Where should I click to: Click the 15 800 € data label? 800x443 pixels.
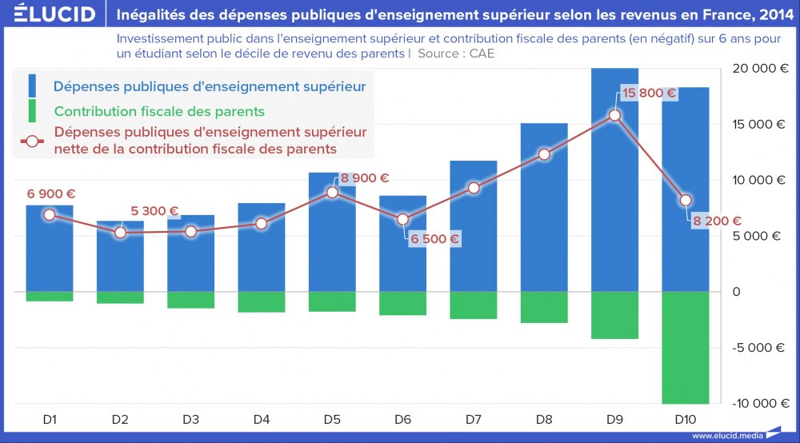point(649,94)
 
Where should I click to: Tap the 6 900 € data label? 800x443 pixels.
point(51,194)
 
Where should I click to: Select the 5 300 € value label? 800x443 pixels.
point(154,211)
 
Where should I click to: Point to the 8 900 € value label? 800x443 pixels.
point(364,178)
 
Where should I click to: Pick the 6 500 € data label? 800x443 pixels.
point(434,238)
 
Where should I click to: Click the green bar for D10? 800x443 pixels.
point(686,347)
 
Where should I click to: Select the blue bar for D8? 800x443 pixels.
point(544,207)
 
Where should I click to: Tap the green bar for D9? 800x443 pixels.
point(614,315)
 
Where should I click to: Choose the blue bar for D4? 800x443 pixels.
point(262,247)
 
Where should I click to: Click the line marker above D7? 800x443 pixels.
point(474,188)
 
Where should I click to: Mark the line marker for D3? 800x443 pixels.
point(191,231)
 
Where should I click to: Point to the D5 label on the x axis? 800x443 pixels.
point(332,419)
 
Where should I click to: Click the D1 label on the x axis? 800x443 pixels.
point(50,419)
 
